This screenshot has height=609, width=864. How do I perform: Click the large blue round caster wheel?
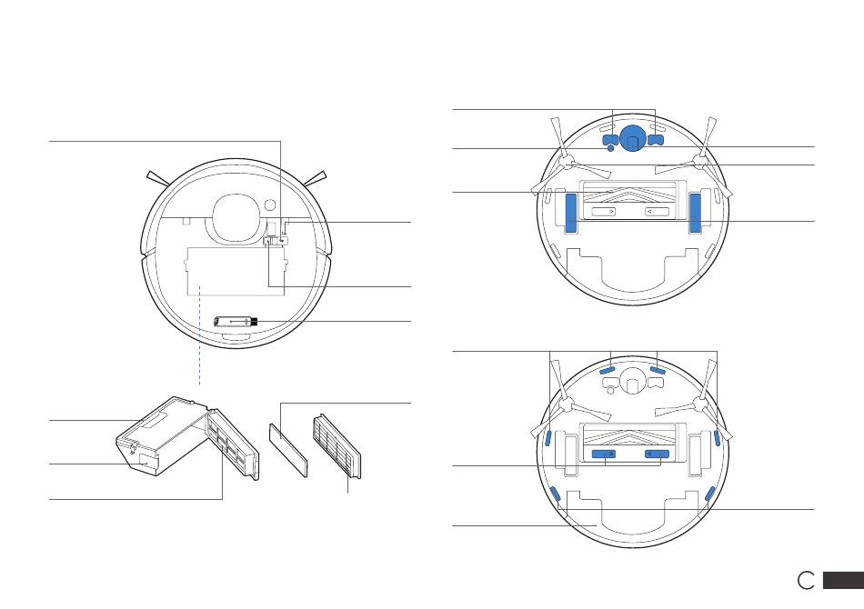632,137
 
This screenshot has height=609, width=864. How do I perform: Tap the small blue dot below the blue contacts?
610,148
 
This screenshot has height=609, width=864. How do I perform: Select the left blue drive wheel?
570,212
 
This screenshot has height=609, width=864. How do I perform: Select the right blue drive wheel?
696,212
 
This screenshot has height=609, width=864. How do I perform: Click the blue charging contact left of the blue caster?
608,139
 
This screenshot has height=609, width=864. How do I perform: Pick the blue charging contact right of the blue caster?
656,140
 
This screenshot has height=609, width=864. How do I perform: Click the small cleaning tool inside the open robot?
236,322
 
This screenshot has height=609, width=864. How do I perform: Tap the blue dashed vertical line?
199,335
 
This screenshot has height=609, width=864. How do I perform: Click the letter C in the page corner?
806,580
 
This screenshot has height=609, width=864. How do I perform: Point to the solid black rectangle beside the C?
843,580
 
